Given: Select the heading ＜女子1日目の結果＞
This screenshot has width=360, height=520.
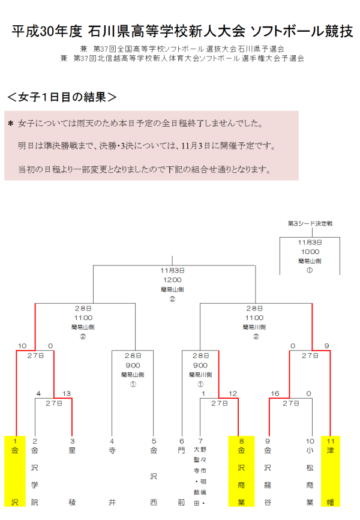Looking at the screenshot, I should (61, 97).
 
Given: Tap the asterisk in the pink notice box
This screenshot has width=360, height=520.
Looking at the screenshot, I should (10, 124).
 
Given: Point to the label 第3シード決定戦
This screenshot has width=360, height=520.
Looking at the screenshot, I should (310, 223).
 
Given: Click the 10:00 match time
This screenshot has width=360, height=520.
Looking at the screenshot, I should (310, 252).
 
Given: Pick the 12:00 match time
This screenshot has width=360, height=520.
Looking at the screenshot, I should (172, 279).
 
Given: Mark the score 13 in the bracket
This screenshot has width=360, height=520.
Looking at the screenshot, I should (67, 394).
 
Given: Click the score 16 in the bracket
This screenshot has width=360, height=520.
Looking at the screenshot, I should (275, 394).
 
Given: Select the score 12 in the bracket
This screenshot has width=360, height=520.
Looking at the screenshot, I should (232, 394).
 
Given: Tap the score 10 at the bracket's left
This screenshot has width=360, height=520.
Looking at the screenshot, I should (22, 346).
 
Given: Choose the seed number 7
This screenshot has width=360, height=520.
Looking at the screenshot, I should (202, 441).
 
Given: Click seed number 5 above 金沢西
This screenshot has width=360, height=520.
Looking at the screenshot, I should (154, 441).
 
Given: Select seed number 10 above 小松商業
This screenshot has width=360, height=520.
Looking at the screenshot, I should (309, 441).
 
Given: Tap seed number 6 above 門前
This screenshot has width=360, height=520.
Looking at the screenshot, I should (181, 441).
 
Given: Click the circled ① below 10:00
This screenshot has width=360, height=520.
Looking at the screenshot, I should (310, 270).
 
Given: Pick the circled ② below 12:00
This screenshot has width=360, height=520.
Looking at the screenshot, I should (172, 298).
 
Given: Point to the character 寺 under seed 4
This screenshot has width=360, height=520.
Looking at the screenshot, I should (112, 449).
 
